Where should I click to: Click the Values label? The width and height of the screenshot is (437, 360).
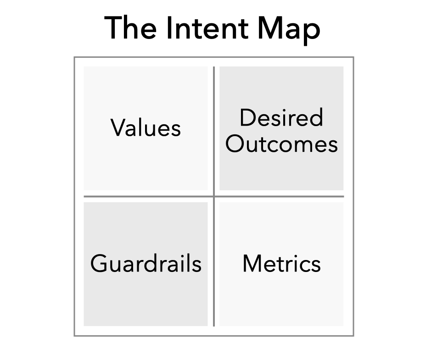click(x=146, y=127)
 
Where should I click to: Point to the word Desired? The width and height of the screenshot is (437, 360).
click(x=281, y=118)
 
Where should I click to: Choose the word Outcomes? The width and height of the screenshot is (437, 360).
click(x=281, y=144)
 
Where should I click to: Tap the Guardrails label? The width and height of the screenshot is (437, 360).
click(x=146, y=264)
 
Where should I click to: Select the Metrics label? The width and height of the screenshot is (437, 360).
click(x=281, y=264)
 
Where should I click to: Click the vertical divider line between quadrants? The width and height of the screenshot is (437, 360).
click(x=214, y=257)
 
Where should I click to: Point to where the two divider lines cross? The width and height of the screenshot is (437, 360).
click(x=214, y=197)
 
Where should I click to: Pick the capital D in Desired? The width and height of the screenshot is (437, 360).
click(x=248, y=118)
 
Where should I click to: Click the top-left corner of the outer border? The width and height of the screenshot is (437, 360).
click(x=74, y=57)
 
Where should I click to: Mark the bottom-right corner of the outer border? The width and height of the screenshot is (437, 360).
click(x=353, y=335)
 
